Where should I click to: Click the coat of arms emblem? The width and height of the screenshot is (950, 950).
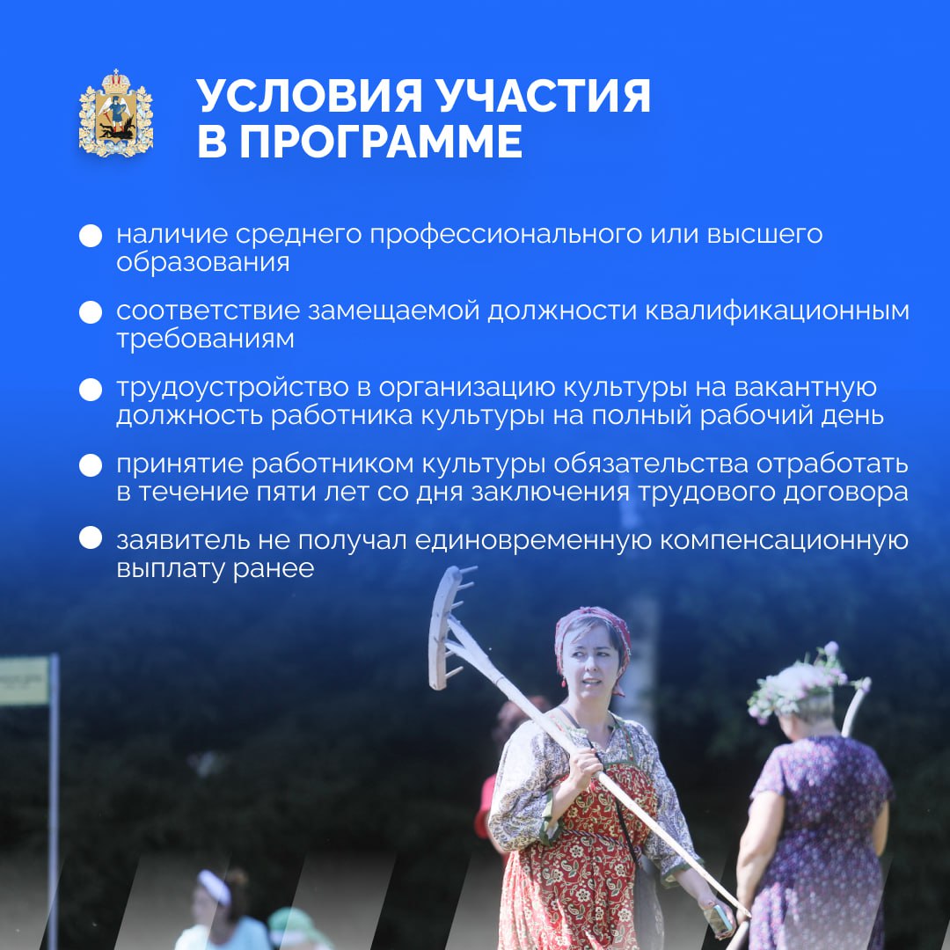click(116, 113)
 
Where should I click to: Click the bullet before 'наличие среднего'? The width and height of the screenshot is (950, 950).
click(91, 236)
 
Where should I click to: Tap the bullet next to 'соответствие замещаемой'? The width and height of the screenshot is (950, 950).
click(91, 312)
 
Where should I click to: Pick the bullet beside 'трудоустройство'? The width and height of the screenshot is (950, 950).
click(91, 389)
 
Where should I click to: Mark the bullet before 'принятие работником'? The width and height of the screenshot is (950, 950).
click(91, 465)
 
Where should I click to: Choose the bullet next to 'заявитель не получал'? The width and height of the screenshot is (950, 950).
click(91, 537)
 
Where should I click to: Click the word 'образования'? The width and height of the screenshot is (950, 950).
click(203, 262)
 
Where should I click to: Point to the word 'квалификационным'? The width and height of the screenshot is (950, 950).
click(776, 311)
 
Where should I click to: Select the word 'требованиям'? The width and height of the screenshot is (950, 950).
click(205, 340)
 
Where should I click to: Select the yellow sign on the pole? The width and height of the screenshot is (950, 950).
click(25, 682)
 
